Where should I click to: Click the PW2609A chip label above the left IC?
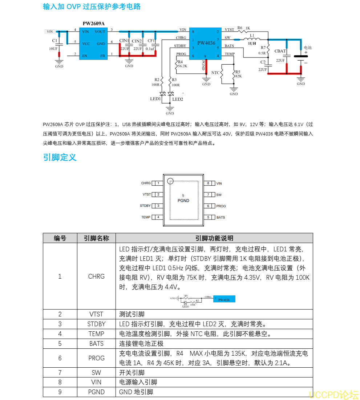tap(93, 24)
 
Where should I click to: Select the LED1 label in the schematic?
tap(155, 99)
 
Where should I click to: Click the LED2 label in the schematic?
tap(178, 99)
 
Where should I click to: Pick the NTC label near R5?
tap(215, 73)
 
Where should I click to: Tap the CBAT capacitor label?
tap(280, 51)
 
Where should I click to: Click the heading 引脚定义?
tap(60, 157)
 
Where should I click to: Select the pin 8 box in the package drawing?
tap(208, 183)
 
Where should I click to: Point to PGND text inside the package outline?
tap(183, 201)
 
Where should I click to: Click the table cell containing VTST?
tap(96, 314)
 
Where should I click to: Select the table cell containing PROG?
tap(96, 358)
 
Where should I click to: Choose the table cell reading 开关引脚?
tap(132, 373)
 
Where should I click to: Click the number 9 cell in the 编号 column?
tap(60, 392)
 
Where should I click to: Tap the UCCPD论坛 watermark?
tap(333, 395)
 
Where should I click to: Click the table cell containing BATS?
tap(96, 344)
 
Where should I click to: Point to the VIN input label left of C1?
tap(50, 32)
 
